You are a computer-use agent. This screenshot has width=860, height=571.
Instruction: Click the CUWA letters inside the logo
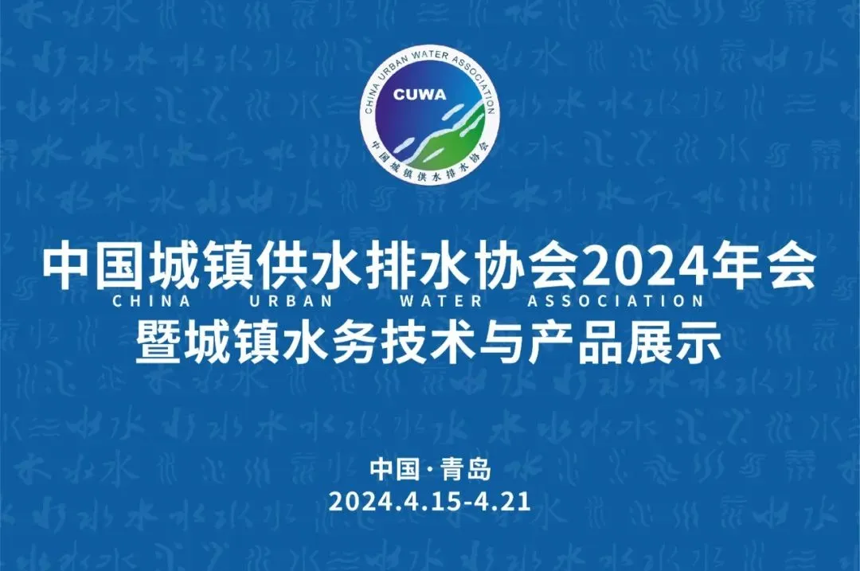coord(420,95)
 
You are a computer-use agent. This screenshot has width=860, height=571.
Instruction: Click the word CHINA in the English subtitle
coord(151,300)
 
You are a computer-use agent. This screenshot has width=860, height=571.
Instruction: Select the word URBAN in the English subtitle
coord(291,300)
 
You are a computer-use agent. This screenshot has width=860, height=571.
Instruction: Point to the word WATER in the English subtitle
coord(441,300)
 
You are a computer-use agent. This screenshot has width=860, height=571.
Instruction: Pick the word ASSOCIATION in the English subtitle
coord(615,300)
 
